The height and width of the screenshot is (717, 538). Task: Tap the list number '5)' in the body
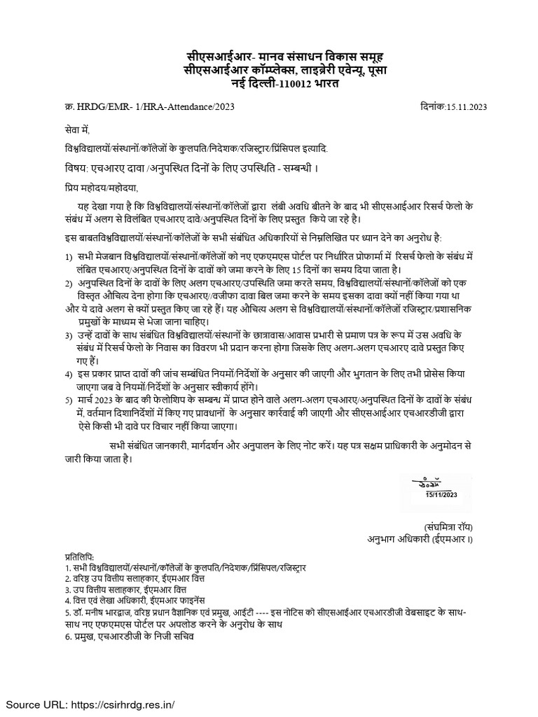coord(61,400)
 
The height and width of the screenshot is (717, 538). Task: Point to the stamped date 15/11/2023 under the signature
coord(441,495)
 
